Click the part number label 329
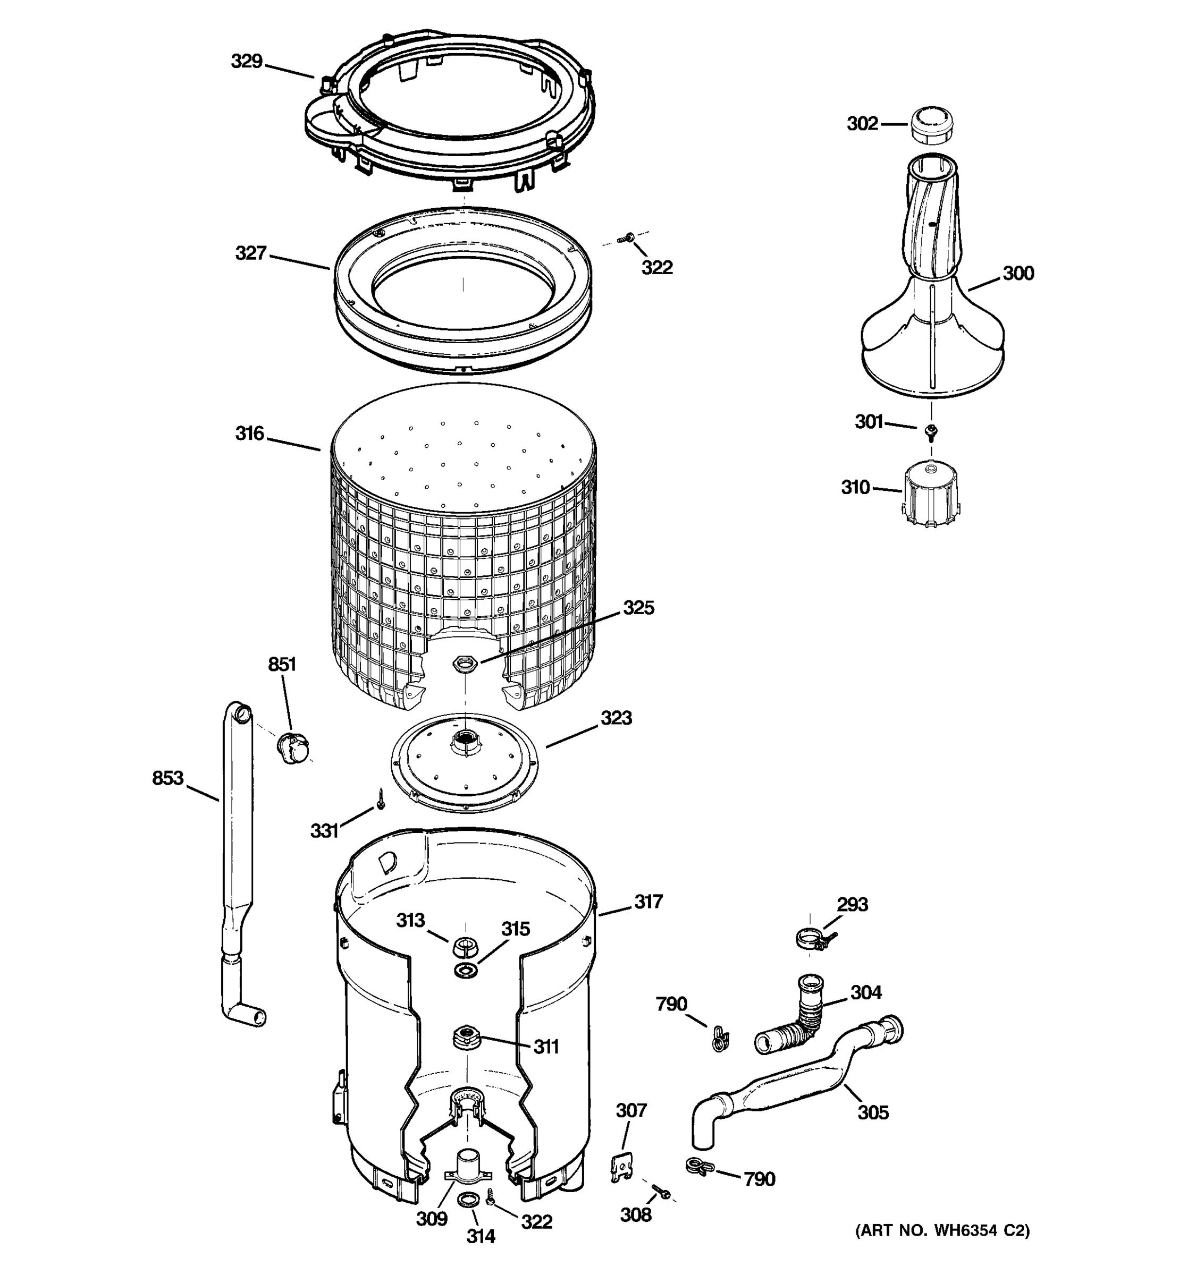click(247, 62)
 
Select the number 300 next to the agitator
click(1018, 274)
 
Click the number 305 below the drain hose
click(873, 1112)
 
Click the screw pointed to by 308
click(661, 1192)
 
